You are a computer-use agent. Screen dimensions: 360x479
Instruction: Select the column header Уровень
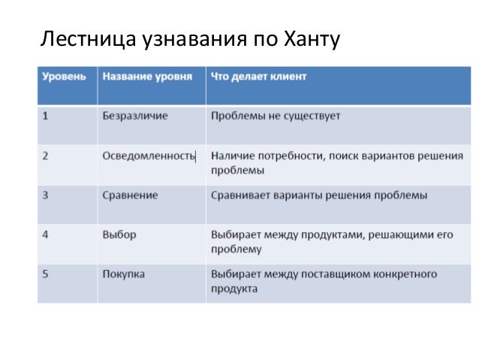64,77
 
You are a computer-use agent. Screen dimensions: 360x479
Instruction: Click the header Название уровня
147,77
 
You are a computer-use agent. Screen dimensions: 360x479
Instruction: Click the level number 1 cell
47,116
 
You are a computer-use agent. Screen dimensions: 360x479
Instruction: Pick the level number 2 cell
47,156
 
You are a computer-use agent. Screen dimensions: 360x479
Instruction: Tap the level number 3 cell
47,195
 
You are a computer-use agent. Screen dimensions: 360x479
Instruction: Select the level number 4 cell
47,234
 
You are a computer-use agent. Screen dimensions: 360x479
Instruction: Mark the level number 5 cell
47,274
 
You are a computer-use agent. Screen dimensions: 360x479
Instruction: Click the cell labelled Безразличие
135,116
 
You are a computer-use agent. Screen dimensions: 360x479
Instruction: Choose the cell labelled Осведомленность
148,156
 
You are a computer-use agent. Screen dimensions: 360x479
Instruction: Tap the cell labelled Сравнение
130,195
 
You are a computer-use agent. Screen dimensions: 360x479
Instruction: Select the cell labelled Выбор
119,234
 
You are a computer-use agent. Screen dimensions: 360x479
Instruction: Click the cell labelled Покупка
124,274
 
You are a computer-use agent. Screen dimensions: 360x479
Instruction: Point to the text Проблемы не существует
276,116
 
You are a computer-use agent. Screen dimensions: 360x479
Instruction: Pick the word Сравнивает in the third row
241,195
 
